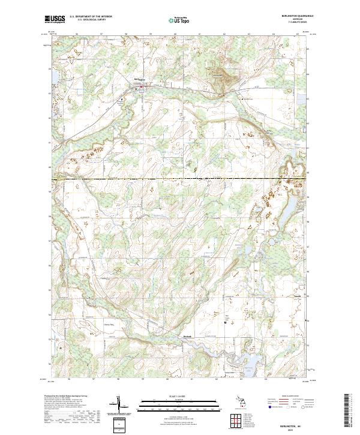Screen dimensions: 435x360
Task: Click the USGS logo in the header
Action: pos(55,20)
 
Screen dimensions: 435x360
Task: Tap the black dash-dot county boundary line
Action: pos(180,179)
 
